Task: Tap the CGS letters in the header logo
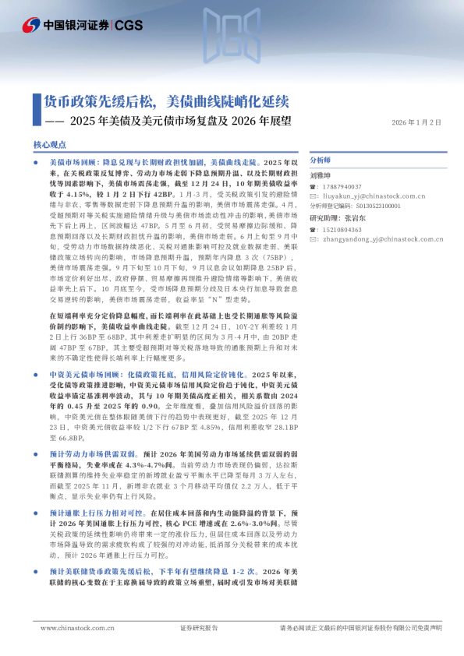(x=128, y=26)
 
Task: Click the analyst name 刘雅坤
(x=321, y=176)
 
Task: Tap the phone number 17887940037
(x=340, y=187)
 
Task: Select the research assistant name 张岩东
(x=357, y=219)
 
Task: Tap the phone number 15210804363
(x=340, y=231)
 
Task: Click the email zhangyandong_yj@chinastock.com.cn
(x=370, y=240)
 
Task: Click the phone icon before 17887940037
(x=313, y=187)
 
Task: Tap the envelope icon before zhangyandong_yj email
(x=313, y=240)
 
